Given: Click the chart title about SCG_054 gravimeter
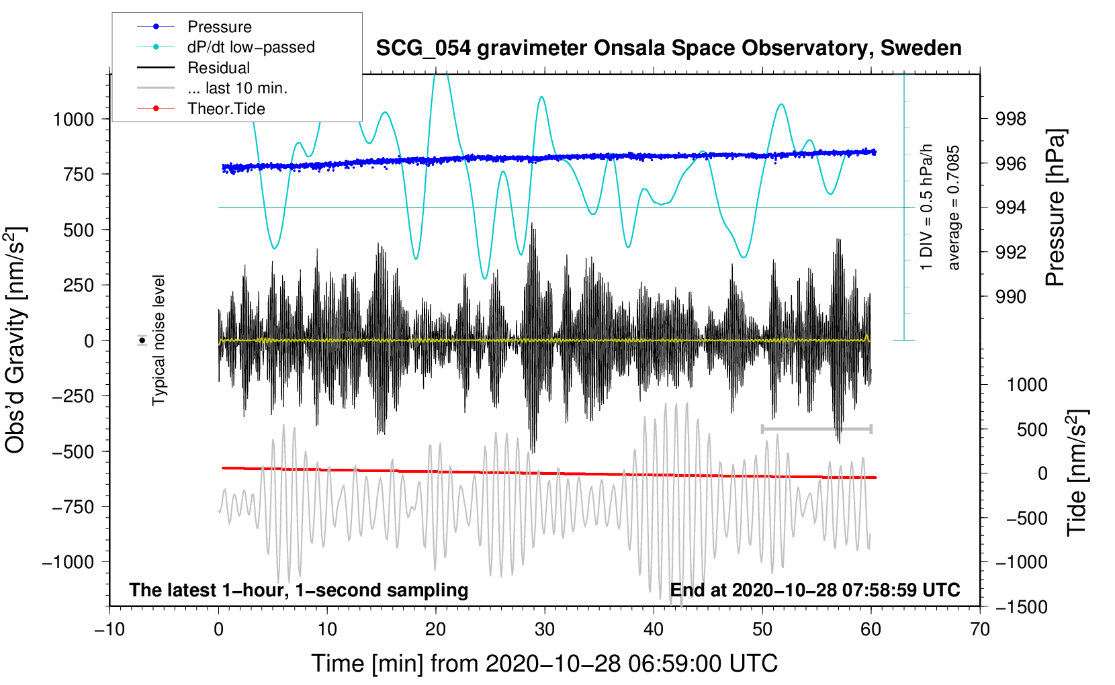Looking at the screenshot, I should click(x=668, y=48).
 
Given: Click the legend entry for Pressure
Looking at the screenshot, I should click(x=219, y=27).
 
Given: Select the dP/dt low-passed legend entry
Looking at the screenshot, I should click(x=251, y=47).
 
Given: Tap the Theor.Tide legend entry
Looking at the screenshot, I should click(x=226, y=109).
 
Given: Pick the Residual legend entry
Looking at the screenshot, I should click(x=218, y=68).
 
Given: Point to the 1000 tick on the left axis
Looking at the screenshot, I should click(x=73, y=120).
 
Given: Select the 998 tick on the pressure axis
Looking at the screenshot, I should click(x=1011, y=119).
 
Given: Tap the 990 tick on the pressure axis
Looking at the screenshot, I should click(x=1011, y=296).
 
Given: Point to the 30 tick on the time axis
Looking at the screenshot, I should click(x=545, y=629).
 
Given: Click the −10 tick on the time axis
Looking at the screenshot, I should click(x=109, y=629).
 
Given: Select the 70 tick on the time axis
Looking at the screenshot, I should click(x=980, y=629).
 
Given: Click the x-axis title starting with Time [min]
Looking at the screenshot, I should click(x=545, y=664).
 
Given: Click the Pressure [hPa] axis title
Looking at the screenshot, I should click(x=1055, y=208).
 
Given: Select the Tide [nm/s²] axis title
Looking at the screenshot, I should click(x=1077, y=473).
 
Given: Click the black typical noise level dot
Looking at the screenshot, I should click(x=142, y=340).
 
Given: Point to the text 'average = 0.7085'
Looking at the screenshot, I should click(x=953, y=208).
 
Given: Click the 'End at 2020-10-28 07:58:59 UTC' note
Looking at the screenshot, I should click(x=815, y=590).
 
